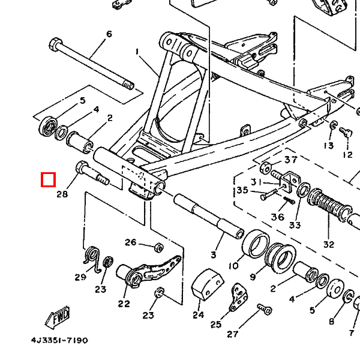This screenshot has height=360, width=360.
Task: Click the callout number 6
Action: point(109,34)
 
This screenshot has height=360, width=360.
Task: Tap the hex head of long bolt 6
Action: point(55,44)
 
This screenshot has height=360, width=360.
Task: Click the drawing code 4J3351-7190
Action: point(59,340)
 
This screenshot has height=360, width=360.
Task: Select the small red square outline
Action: point(48,179)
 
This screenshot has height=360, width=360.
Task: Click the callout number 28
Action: point(62,194)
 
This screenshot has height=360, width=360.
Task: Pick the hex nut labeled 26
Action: point(158,247)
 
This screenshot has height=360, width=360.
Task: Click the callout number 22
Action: point(124,304)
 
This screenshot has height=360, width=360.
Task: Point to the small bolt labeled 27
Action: point(265,309)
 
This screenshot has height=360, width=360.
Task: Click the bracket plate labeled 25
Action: point(238,298)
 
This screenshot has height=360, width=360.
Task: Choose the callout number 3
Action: point(214,255)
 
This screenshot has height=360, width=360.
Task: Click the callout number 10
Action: point(234,266)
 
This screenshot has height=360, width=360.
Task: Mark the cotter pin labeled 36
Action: point(289,200)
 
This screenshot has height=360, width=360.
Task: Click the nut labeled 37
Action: point(266,167)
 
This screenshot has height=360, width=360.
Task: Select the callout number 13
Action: point(329,146)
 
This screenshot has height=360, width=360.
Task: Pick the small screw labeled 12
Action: point(346,132)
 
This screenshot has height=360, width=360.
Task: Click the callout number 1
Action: point(137,52)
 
